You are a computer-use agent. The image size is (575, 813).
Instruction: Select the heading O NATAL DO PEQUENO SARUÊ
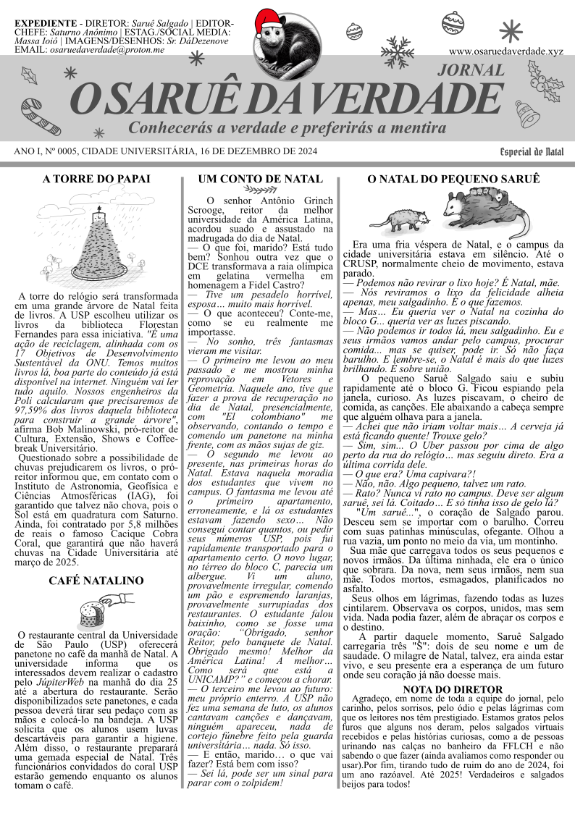[x=454, y=179]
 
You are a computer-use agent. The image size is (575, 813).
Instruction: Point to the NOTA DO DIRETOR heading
[x=453, y=689]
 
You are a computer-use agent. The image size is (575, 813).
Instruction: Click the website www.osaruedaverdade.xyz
[x=505, y=51]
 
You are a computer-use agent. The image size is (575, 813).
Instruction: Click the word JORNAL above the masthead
[x=471, y=70]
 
